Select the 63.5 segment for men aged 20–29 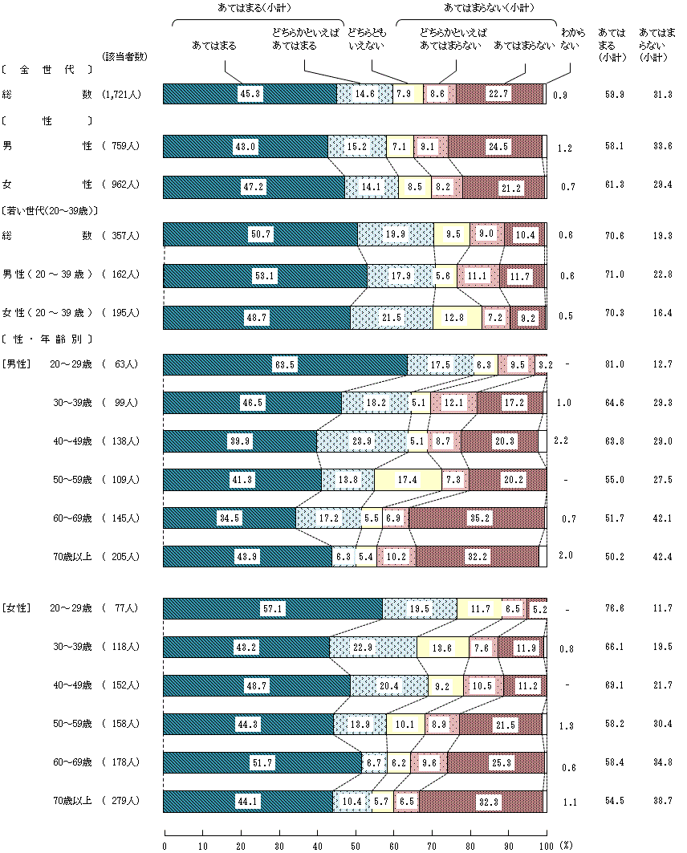[x=285, y=364]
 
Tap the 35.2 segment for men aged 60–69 [x=478, y=518]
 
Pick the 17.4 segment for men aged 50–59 [x=408, y=479]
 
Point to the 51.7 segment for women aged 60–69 [x=262, y=762]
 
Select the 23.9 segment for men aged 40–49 [x=362, y=441]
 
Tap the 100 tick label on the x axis [x=547, y=844]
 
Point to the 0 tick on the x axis [x=165, y=844]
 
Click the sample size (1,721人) [x=122, y=95]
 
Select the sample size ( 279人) [x=122, y=801]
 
